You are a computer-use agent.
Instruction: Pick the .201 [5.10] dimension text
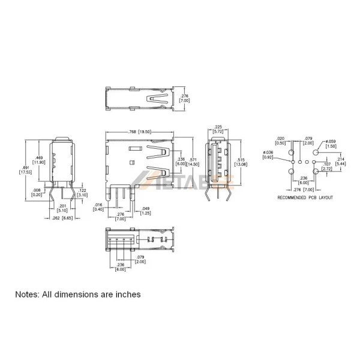click(x=62, y=208)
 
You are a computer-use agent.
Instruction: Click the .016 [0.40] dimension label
click(x=99, y=208)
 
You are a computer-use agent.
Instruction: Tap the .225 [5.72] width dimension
click(x=219, y=129)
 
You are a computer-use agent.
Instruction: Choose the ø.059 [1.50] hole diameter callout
click(x=331, y=143)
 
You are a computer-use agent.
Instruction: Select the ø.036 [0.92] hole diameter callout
click(x=268, y=155)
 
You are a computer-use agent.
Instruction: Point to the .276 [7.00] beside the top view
click(x=185, y=98)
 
